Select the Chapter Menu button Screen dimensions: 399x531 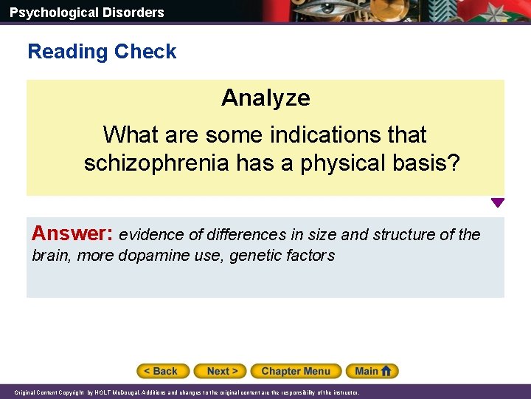[x=296, y=371]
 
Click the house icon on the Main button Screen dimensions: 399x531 [x=389, y=371]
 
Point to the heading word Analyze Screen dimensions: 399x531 [x=265, y=98]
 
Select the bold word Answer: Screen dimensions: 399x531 [x=72, y=233]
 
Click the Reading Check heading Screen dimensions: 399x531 [x=102, y=52]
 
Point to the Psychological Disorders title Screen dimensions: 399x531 [x=87, y=12]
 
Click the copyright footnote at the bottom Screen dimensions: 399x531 [x=185, y=393]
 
